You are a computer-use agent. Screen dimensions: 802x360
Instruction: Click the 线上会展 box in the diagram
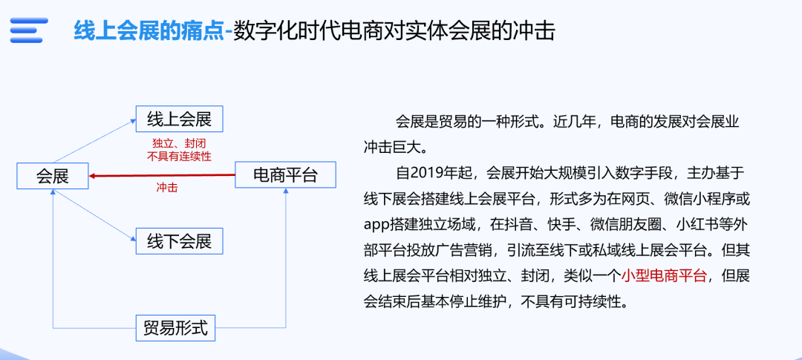(179, 120)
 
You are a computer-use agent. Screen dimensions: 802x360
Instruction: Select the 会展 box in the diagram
(53, 176)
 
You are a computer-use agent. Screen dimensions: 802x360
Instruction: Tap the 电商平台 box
(285, 176)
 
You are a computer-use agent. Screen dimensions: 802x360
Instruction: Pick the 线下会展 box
(179, 241)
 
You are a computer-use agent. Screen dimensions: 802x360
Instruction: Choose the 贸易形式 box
(175, 327)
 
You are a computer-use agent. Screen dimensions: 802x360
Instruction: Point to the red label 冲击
(167, 188)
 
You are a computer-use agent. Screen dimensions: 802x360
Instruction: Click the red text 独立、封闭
(179, 143)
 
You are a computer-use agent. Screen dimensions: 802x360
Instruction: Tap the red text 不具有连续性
(179, 156)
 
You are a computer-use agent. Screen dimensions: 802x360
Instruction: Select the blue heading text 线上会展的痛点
(149, 30)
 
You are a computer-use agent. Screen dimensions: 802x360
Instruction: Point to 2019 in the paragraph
(428, 174)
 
